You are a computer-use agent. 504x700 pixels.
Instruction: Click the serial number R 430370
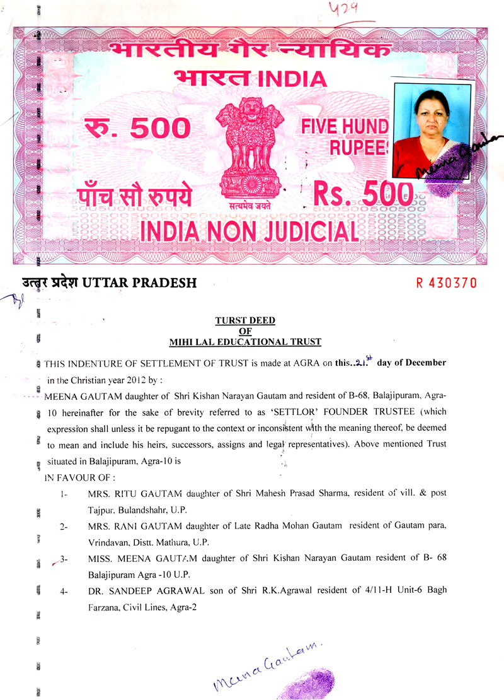pos(446,283)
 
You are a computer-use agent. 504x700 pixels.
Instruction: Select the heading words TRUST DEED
pos(245,320)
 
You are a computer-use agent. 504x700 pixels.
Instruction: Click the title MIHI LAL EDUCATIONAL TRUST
pos(245,342)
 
